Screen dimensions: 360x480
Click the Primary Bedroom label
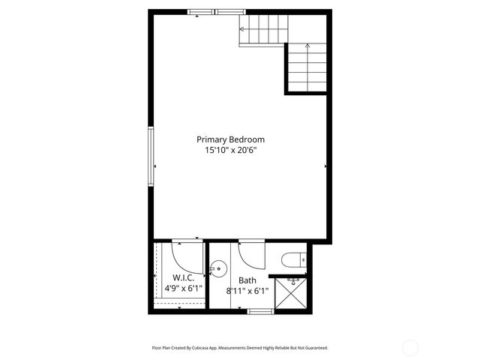coord(230,139)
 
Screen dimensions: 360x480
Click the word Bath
coord(247,280)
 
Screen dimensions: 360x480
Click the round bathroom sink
coord(218,268)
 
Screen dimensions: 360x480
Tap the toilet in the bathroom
coord(293,260)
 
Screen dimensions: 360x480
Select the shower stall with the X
coord(292,293)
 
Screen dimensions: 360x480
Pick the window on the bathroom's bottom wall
coord(259,311)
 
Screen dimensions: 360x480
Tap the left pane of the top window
coord(199,12)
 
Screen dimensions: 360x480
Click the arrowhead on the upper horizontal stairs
coord(241,29)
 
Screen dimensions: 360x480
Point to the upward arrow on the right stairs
coord(308,47)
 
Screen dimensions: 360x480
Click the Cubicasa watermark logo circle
coord(410,347)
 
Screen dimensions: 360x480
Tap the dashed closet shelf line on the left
coord(156,270)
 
